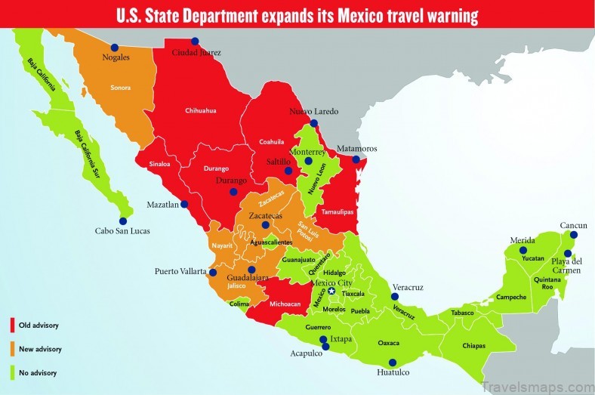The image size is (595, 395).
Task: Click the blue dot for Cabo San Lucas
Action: [x=124, y=221]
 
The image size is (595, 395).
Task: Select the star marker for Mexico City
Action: [x=331, y=291]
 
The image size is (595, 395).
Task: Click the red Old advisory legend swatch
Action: [x=12, y=326]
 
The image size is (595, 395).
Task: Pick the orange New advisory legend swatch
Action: [x=12, y=349]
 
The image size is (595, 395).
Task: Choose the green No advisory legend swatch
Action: [x=12, y=372]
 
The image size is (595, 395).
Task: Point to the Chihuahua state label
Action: [x=201, y=111]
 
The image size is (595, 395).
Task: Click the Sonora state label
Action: [x=121, y=88]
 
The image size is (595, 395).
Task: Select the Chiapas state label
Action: [x=473, y=347]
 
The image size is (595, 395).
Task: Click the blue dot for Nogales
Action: [x=115, y=48]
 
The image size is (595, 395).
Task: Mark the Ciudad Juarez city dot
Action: [x=195, y=42]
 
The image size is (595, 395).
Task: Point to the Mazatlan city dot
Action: [x=185, y=204]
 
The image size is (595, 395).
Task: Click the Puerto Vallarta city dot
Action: [x=213, y=273]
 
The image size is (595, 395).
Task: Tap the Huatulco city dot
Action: [x=391, y=362]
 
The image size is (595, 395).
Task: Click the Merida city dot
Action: [x=532, y=250]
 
